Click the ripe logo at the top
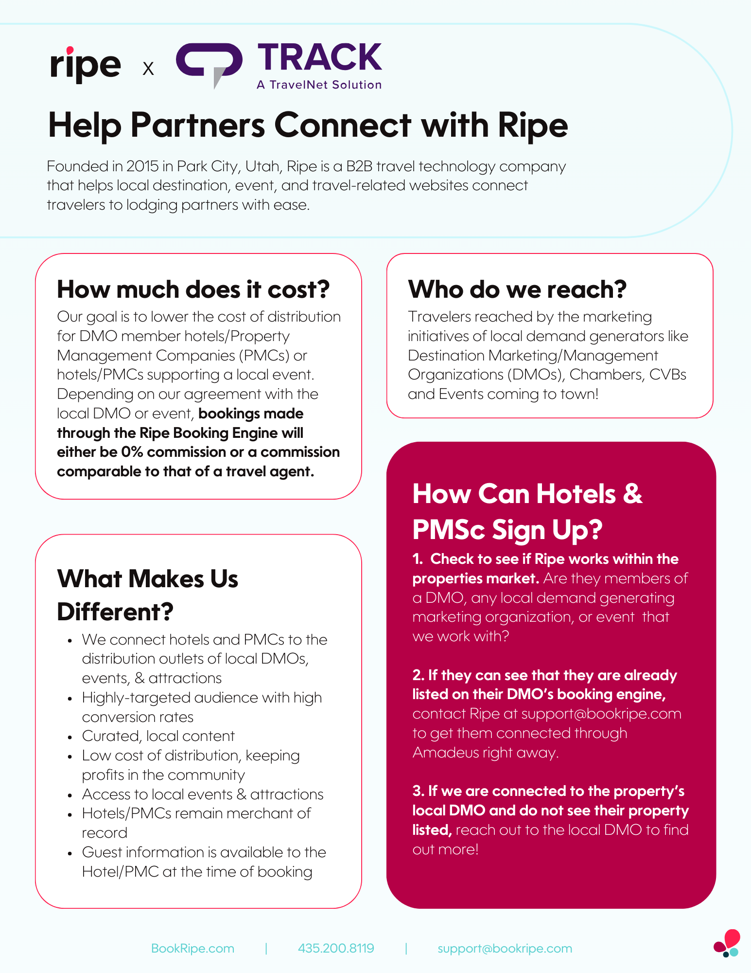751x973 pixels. (x=86, y=65)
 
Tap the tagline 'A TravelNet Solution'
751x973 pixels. (x=319, y=85)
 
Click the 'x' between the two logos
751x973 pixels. (x=148, y=69)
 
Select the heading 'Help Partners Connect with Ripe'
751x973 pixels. (x=308, y=126)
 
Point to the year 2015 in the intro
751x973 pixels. (x=142, y=166)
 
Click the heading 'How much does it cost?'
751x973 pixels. (x=193, y=289)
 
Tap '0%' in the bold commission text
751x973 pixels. (x=132, y=452)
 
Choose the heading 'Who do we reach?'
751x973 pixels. (x=517, y=289)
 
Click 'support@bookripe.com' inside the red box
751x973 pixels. (x=601, y=714)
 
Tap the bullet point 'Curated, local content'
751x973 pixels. (x=158, y=736)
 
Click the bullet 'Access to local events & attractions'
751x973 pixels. (x=202, y=794)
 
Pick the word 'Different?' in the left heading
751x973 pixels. (x=115, y=612)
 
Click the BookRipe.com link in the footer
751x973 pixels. (x=192, y=948)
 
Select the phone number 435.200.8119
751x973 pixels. (x=336, y=948)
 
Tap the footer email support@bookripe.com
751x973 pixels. (x=505, y=948)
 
